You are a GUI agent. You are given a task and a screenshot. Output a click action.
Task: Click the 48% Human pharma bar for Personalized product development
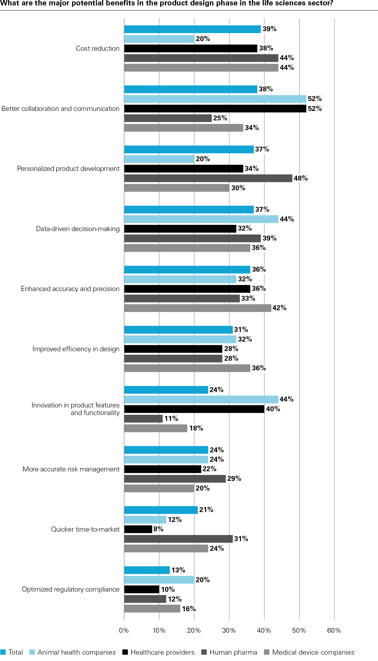click(x=208, y=178)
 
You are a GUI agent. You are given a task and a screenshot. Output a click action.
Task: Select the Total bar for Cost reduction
click(x=192, y=29)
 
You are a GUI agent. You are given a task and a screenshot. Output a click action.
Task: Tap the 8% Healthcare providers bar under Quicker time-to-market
click(x=138, y=529)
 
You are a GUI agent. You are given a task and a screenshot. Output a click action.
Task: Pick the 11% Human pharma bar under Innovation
click(x=143, y=419)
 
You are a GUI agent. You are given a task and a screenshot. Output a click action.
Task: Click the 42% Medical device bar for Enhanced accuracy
click(x=197, y=308)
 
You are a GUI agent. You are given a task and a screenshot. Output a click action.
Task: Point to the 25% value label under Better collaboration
click(x=220, y=118)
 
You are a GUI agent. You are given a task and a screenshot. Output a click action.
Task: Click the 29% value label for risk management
click(x=234, y=478)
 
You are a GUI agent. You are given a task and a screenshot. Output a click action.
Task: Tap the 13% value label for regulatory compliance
click(x=178, y=570)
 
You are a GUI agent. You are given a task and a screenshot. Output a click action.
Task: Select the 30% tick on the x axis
click(x=229, y=630)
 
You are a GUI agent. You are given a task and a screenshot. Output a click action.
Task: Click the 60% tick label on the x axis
click(x=334, y=630)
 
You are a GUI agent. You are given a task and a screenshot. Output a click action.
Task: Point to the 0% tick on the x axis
click(x=124, y=630)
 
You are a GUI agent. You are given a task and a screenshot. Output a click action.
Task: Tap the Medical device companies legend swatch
click(x=266, y=652)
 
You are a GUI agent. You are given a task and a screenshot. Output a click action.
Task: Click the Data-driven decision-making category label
click(x=78, y=229)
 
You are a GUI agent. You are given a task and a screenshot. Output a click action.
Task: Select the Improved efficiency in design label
click(x=76, y=349)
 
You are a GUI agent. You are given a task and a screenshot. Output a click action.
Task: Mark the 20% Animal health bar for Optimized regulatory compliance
click(x=159, y=580)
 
